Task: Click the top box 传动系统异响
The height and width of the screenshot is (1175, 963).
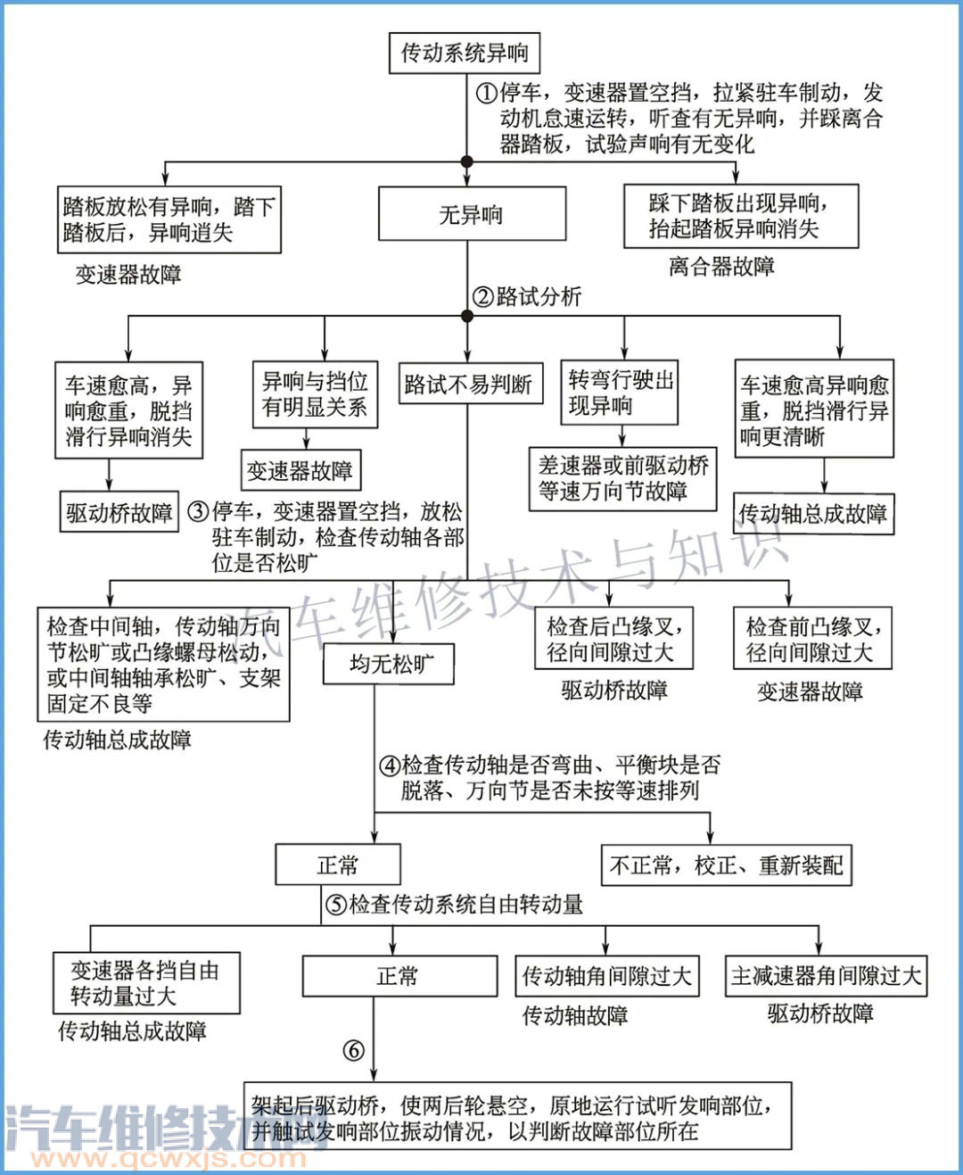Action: tap(464, 53)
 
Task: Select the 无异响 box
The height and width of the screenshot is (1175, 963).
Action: tap(472, 214)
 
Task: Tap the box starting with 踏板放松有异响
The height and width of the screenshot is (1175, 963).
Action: tap(169, 219)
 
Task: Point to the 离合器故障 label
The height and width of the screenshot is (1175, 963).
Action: tap(721, 267)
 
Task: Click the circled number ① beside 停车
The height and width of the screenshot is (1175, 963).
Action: tap(485, 94)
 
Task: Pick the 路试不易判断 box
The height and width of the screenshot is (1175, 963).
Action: tap(468, 385)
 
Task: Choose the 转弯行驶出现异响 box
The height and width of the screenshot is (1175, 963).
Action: tap(621, 393)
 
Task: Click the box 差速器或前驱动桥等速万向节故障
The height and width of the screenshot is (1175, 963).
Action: tap(622, 478)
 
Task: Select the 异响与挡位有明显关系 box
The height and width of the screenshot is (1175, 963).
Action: tap(315, 394)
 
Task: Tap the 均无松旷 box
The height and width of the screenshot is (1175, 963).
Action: tap(391, 664)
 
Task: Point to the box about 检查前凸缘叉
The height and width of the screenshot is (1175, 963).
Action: tap(811, 639)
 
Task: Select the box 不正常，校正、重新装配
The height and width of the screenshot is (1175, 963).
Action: tap(726, 865)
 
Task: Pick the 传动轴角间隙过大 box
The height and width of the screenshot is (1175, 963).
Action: tap(606, 976)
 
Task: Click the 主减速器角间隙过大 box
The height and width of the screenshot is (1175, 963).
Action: tap(826, 976)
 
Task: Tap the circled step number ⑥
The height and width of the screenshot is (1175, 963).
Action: tap(354, 1051)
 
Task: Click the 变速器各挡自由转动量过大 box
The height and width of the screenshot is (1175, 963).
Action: tap(146, 982)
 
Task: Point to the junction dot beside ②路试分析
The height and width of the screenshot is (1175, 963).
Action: tap(466, 316)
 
